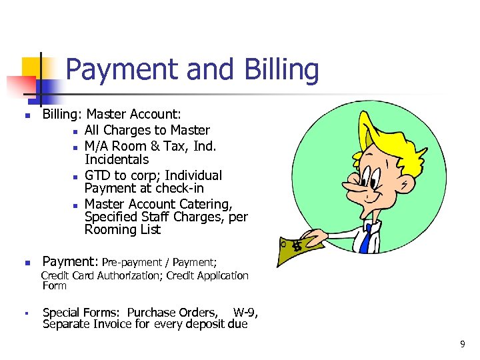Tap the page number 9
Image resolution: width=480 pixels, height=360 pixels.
(x=462, y=344)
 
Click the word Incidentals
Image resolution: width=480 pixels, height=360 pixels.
(x=117, y=159)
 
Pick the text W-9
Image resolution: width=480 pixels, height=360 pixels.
(x=245, y=313)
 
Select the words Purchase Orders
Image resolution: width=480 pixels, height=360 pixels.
(x=172, y=313)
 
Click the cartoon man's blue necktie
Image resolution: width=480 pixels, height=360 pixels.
(x=365, y=238)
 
